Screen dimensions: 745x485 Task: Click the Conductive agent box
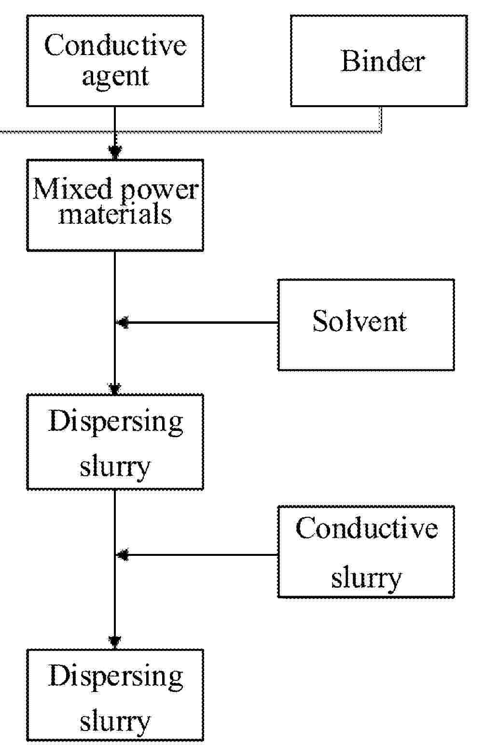(115, 61)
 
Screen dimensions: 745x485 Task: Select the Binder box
(379, 61)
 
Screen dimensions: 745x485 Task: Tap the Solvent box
(366, 324)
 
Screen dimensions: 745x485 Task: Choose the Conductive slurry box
(366, 552)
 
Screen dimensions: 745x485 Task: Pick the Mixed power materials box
(115, 205)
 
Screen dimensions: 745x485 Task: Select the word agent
(115, 76)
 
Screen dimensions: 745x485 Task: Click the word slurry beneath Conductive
(366, 577)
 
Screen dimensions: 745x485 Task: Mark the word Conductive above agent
(115, 45)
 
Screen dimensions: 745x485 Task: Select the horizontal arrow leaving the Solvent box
(198, 322)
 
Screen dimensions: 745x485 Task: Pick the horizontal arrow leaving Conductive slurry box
(198, 555)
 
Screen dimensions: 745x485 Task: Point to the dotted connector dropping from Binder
(381, 119)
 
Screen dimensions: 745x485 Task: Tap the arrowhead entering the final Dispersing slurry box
(115, 642)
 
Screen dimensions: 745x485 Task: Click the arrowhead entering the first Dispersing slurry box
(115, 388)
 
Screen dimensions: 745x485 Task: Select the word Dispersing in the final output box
(115, 676)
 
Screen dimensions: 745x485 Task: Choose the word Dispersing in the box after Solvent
(115, 421)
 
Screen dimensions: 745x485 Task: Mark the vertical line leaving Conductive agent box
(115, 125)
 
